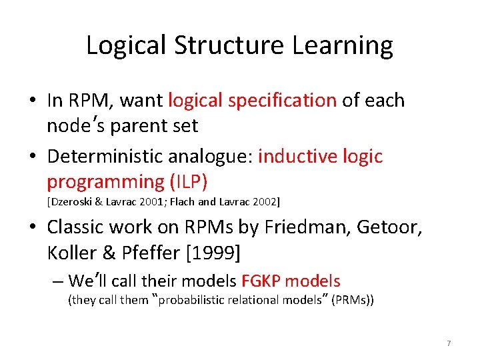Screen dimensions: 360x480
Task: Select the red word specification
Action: click(x=282, y=100)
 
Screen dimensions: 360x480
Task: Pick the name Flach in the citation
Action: click(x=197, y=201)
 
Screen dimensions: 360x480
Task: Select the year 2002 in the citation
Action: click(x=267, y=201)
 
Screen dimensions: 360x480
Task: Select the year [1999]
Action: click(x=216, y=254)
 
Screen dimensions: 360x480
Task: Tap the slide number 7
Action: click(x=449, y=343)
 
